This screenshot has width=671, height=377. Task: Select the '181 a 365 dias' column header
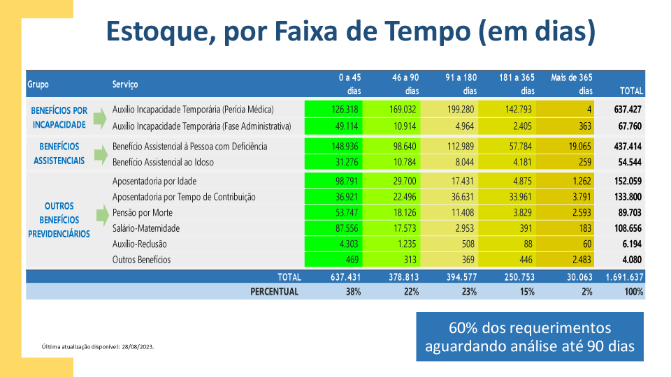click(517, 84)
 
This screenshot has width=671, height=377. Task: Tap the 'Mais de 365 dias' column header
click(572, 84)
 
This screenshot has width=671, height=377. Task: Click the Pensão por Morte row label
click(143, 213)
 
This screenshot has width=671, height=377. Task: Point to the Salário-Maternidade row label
click(146, 228)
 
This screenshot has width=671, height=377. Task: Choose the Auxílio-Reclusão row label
click(140, 244)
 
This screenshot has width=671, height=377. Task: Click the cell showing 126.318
click(345, 110)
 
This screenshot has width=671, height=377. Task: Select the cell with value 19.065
click(580, 147)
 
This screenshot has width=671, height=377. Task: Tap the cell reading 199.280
click(461, 110)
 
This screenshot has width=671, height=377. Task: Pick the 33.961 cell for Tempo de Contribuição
click(520, 197)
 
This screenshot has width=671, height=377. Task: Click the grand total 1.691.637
click(624, 277)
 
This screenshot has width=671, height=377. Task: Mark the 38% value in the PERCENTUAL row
click(354, 292)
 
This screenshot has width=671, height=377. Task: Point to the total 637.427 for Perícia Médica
click(628, 110)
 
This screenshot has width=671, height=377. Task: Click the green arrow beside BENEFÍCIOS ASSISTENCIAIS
click(101, 154)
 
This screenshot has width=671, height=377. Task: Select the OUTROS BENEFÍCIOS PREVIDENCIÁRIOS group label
click(59, 220)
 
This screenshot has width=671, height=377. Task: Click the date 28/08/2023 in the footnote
click(138, 347)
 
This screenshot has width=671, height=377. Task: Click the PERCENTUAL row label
click(274, 292)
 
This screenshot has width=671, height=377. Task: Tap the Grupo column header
click(38, 84)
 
